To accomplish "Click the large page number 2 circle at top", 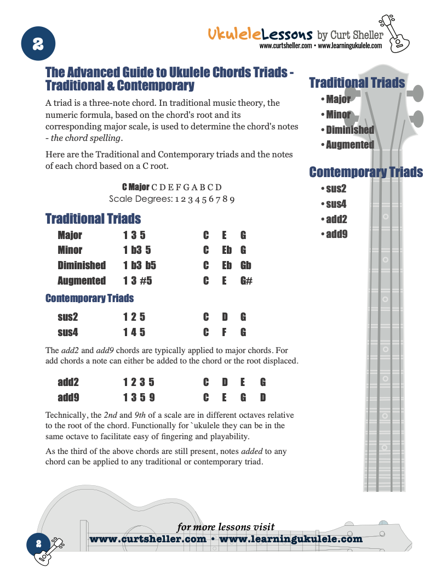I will pos(38,44).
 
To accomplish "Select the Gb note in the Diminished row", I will pos(245,265).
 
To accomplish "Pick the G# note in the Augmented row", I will pos(246,281).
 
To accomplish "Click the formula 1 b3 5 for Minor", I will pos(137,250).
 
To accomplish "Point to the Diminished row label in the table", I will pos(82,265).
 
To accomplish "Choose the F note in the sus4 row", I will pos(224,332).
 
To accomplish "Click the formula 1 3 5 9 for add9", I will pos(139,397).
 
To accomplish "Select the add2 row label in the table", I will pos(68,382).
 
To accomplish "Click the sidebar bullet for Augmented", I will pos(347,145).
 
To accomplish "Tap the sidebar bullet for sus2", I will pos(334,189).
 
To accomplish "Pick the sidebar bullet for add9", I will pos(334,235).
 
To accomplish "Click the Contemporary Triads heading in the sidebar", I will pos(366,172).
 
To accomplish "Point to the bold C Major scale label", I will pos(135,187).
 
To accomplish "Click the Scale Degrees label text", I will pos(141,198).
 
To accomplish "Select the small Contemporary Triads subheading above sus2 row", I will pos(89,298).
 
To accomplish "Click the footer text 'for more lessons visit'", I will pos(226,527).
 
